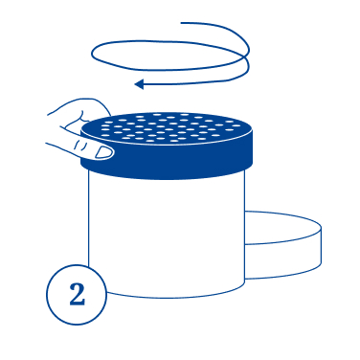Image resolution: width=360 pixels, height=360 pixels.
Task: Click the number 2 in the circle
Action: [x=78, y=294]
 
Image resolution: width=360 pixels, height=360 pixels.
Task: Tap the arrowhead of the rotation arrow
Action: [x=139, y=84]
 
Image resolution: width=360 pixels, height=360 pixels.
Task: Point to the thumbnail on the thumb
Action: [x=104, y=152]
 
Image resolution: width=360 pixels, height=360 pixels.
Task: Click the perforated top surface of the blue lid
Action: [x=167, y=128]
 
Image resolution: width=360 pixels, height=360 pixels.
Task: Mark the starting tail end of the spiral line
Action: [x=181, y=23]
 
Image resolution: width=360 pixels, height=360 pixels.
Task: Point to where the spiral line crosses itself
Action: [x=246, y=57]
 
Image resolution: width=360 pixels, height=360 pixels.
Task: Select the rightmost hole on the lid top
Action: [x=236, y=126]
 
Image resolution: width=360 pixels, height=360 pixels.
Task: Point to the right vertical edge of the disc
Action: [x=321, y=246]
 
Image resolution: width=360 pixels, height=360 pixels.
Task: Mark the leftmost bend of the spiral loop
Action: [x=92, y=55]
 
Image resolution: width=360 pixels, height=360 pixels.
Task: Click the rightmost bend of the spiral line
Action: [x=249, y=51]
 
